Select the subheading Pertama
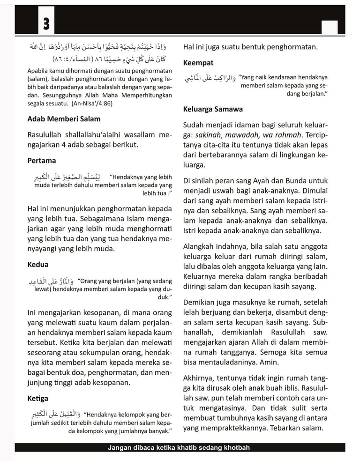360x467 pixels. pyautogui.click(x=42, y=161)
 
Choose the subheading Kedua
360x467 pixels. pyautogui.click(x=38, y=264)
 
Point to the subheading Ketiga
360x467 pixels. pyautogui.click(x=38, y=398)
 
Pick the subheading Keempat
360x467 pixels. pyautogui.click(x=198, y=62)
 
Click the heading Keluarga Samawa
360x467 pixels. pyautogui.click(x=213, y=109)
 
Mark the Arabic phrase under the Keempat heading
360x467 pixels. pyautogui.click(x=210, y=78)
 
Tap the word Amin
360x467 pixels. pyautogui.click(x=281, y=363)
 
